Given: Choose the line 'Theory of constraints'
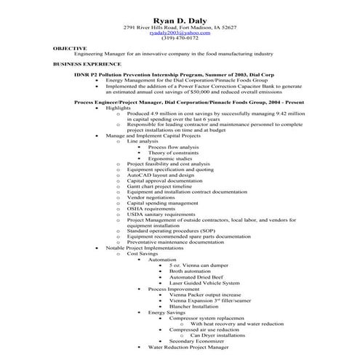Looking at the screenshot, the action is pos(175,153).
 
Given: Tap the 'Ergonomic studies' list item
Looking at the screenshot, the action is pos(171,159).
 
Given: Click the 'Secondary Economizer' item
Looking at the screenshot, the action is pos(196,340).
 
